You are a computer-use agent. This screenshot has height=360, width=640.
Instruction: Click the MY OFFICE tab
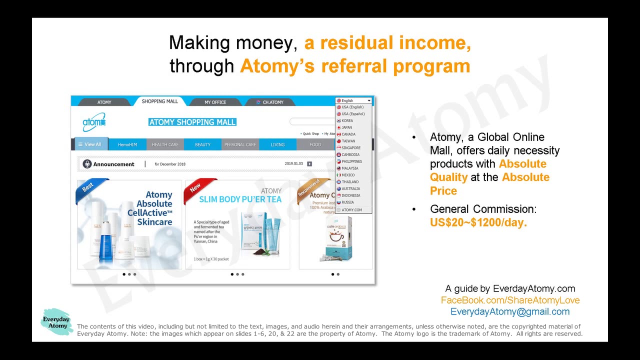click(215, 102)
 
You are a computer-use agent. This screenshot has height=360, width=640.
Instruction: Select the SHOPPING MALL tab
click(159, 101)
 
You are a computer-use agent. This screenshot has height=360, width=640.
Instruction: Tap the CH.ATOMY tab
click(270, 102)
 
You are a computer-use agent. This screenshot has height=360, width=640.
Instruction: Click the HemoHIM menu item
click(127, 144)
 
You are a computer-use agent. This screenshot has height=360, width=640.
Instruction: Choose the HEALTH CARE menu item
click(165, 144)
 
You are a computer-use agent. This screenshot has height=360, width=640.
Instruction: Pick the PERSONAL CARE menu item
click(240, 144)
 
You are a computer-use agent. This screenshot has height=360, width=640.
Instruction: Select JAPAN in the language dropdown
click(346, 127)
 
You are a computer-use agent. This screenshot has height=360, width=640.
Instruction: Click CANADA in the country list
click(348, 134)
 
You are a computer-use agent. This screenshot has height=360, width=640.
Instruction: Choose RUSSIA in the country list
click(347, 202)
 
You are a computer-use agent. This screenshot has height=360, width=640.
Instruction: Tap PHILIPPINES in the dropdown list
click(351, 161)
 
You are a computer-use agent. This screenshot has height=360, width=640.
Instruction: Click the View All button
click(90, 144)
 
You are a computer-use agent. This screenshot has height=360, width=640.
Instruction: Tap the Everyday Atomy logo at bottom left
click(56, 322)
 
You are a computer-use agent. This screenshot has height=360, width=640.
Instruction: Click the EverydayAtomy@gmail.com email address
click(510, 311)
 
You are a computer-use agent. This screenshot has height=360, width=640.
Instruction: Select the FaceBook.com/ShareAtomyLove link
click(510, 300)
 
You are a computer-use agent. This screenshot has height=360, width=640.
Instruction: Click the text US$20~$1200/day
click(478, 222)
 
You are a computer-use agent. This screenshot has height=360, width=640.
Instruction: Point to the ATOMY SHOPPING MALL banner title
click(192, 122)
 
